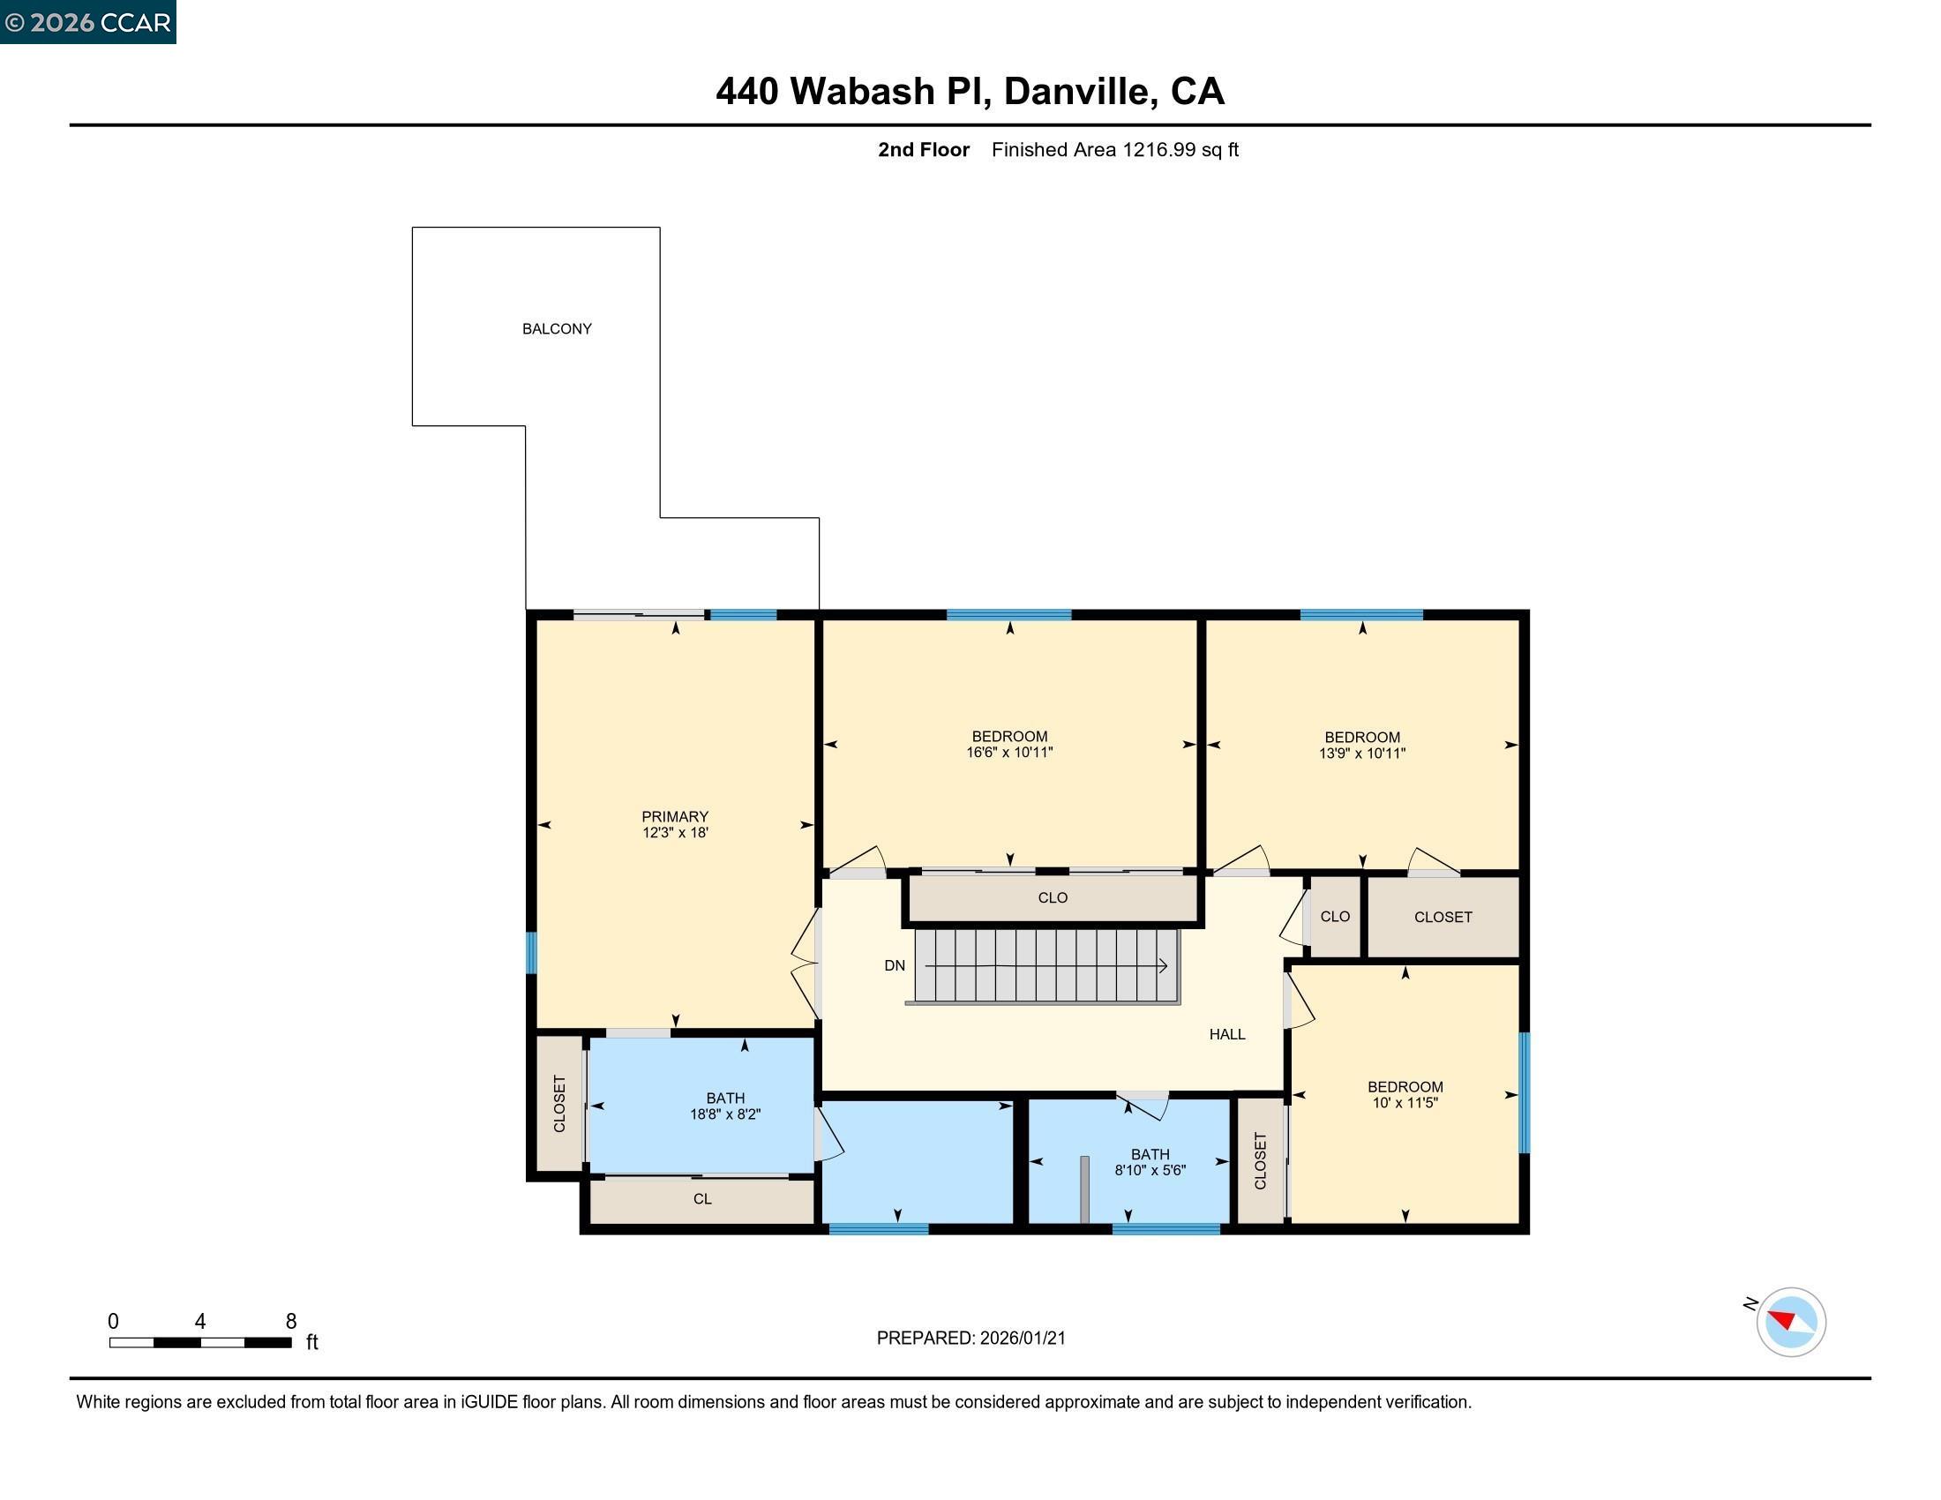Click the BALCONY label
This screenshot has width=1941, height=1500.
(557, 329)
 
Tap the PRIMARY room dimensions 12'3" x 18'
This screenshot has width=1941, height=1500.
(676, 833)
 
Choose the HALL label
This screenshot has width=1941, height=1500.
(1226, 1034)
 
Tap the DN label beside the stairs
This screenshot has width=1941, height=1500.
(894, 966)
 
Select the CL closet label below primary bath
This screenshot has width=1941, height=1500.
(702, 1199)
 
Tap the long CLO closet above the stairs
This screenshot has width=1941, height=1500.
(1053, 898)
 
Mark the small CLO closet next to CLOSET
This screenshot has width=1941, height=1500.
(1335, 917)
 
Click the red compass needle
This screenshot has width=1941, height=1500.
(1781, 1318)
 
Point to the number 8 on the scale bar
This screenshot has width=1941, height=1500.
(290, 1322)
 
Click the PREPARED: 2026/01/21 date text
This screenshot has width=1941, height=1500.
(970, 1339)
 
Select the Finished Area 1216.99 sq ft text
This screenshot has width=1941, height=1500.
(1114, 150)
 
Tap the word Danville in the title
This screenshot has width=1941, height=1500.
(1081, 92)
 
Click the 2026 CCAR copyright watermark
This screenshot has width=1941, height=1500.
(88, 22)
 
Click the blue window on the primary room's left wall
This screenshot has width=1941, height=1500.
(531, 953)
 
